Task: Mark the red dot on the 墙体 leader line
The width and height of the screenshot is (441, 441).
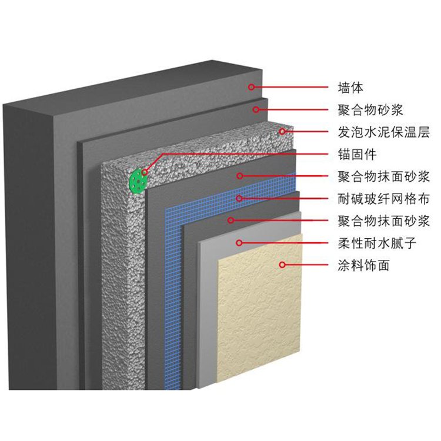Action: (251, 88)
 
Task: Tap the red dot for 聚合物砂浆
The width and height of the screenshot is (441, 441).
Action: (256, 109)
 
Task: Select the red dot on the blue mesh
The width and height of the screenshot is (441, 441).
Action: (239, 199)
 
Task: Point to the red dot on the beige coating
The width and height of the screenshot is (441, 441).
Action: (282, 265)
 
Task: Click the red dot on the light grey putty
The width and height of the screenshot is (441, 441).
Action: (239, 243)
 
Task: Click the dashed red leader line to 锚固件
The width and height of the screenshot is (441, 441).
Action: (235, 154)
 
